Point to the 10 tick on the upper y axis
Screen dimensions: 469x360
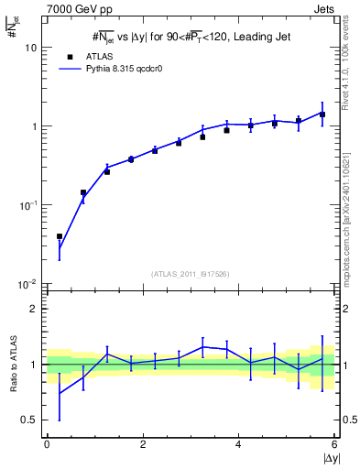tap(32, 47)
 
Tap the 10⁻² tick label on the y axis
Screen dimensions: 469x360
tap(28, 284)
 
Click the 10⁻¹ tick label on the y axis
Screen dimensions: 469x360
tap(28, 205)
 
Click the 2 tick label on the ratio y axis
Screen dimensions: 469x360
tap(34, 309)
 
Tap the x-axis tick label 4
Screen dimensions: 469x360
tap(238, 444)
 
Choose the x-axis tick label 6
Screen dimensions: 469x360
tap(334, 444)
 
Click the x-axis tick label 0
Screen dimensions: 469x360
tap(47, 444)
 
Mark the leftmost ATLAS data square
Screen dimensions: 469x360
tap(60, 236)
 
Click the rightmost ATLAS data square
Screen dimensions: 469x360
tap(322, 115)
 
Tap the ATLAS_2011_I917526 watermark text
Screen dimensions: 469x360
tap(190, 274)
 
